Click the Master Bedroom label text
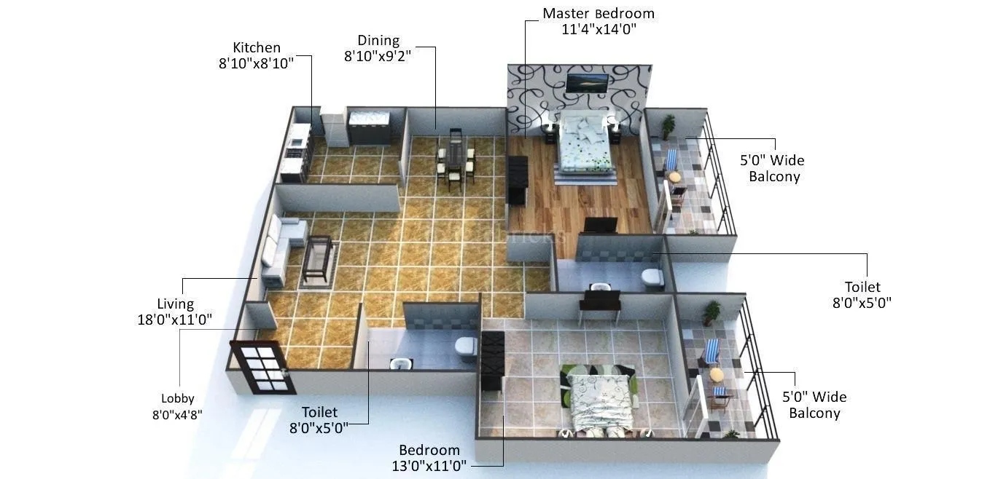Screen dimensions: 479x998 (599, 14)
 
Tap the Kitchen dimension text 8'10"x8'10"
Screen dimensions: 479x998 (256, 63)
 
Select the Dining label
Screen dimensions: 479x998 (378, 41)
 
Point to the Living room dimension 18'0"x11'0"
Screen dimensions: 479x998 (176, 320)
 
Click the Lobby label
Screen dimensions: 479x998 (178, 398)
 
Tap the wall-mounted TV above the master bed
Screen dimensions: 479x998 (586, 83)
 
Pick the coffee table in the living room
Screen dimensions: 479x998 (318, 258)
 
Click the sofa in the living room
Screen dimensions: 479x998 (281, 248)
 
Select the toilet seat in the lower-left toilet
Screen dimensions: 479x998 (465, 349)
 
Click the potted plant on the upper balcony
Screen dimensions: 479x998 (668, 126)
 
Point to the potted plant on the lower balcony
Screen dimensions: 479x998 (711, 313)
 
